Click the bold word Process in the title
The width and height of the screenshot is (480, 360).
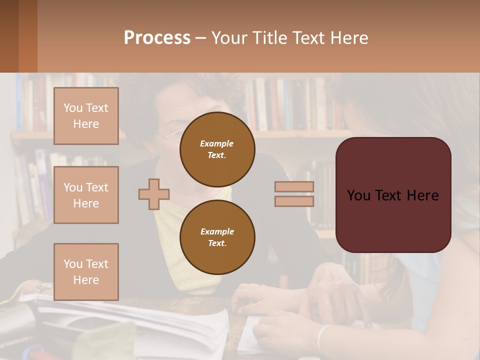point(157,38)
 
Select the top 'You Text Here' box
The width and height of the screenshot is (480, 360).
point(86,116)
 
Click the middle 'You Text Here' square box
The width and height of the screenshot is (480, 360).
point(86,195)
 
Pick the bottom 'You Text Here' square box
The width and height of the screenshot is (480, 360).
point(86,272)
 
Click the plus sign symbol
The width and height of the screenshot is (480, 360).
point(154,194)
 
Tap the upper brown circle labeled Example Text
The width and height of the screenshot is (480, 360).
point(217,149)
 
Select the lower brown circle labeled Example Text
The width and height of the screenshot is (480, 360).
point(217,237)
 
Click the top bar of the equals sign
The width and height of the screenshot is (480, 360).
point(294,187)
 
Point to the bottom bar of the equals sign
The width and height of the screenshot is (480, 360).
point(294,201)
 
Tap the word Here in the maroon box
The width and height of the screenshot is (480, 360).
point(422,195)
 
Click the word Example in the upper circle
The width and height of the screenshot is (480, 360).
point(217,143)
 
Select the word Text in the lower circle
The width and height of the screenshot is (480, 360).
point(217,243)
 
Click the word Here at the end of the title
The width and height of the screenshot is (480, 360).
point(349,38)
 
